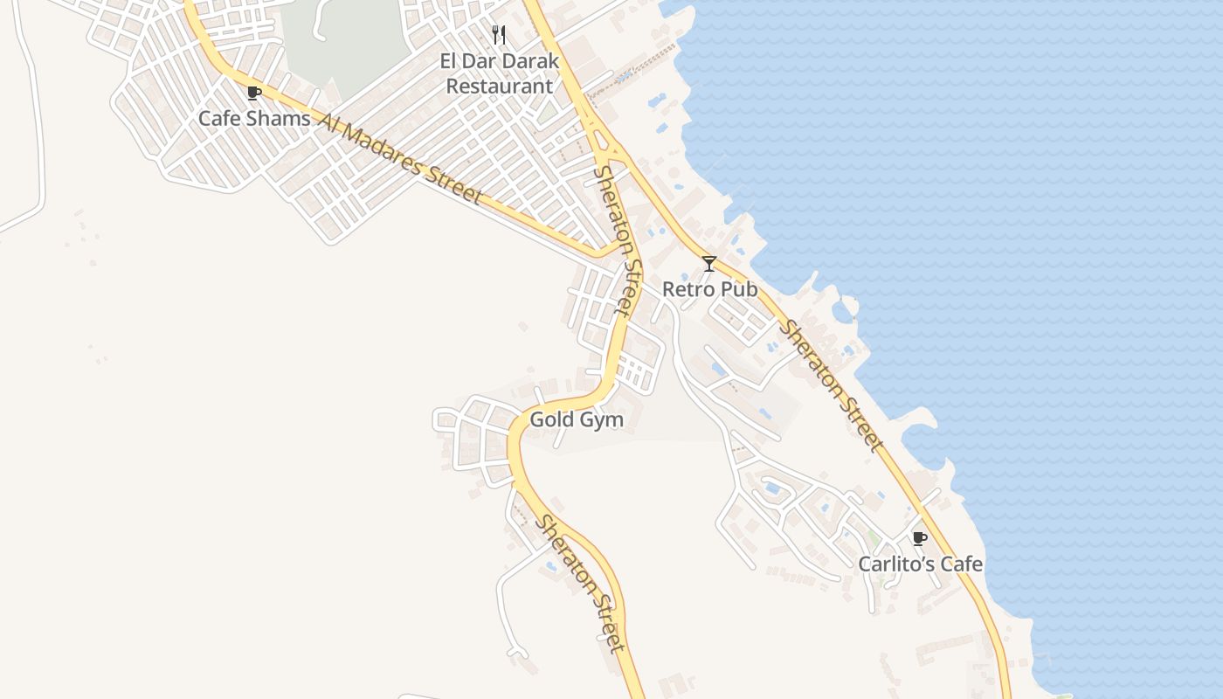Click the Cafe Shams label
254,118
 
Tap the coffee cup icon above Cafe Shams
254,93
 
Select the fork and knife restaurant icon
499,35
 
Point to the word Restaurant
499,87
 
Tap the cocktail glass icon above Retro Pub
709,263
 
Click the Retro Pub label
709,288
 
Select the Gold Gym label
577,419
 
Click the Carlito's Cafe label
920,564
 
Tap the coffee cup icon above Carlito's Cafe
919,538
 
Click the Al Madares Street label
399,158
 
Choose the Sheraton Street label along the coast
830,385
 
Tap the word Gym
604,419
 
